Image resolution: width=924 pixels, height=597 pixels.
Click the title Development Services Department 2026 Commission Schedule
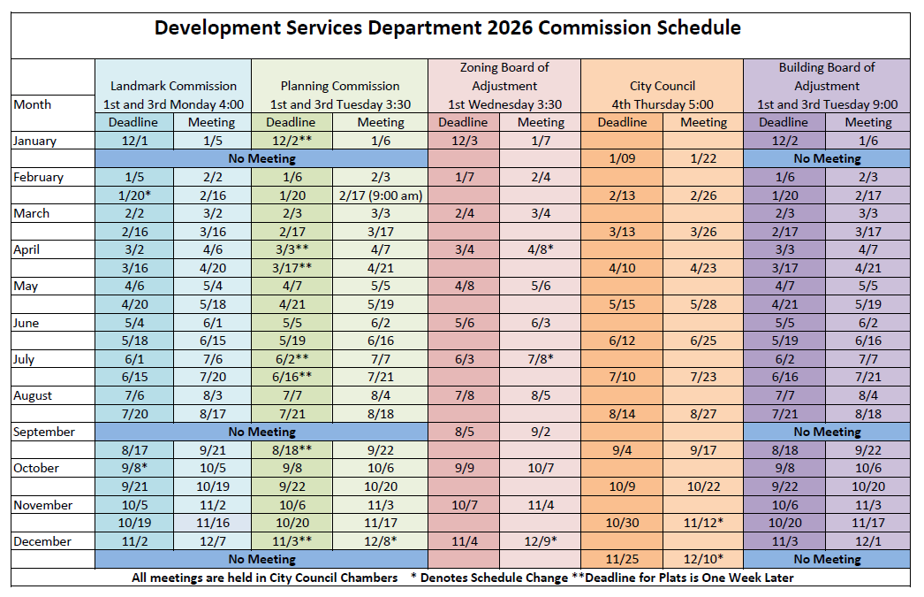pos(447,27)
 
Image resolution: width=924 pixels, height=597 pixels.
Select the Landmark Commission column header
pos(173,87)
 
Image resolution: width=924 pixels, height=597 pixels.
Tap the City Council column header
pos(663,87)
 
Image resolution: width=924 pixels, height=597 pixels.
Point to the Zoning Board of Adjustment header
pos(504,86)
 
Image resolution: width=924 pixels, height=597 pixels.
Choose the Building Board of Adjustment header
pos(826,86)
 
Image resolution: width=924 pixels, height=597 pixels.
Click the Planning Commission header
pos(340,87)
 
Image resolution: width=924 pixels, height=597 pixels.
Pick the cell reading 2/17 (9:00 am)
pos(381,195)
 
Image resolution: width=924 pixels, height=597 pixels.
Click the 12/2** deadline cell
pos(291,141)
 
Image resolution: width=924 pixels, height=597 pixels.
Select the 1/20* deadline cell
pos(135,195)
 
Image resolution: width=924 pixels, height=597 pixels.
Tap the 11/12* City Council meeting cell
pos(703,523)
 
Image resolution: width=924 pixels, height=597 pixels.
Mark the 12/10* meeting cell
pos(703,559)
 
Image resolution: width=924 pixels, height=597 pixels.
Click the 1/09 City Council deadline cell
pos(623,159)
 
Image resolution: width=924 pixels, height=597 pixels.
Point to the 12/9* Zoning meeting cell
pos(541,541)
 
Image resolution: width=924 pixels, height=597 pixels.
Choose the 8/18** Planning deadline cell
pos(291,450)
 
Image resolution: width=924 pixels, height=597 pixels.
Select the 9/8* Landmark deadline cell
pos(135,468)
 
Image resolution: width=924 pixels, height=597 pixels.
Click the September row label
pos(44,432)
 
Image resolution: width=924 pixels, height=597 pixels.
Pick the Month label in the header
pos(33,104)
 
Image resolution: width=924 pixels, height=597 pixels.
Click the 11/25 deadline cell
pos(623,559)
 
